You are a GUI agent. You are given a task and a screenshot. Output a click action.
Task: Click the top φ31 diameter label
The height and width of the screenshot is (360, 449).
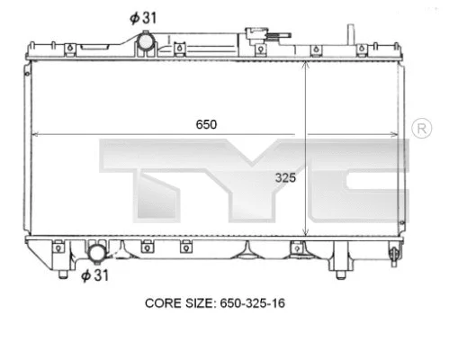tap(143, 17)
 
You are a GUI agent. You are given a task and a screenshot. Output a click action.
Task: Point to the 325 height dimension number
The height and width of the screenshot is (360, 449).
tap(285, 177)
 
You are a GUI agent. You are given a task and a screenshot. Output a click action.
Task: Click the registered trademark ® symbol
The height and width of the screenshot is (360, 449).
tap(420, 131)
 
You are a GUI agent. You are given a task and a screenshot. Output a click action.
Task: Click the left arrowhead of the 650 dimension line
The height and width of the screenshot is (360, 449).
tap(36, 134)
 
